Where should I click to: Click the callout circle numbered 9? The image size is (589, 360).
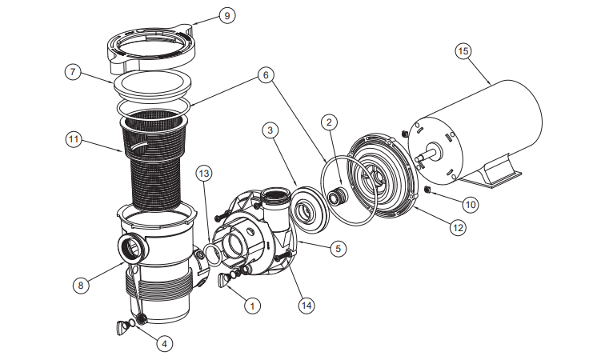pyautogui.click(x=227, y=16)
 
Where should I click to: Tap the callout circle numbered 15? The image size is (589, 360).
pyautogui.click(x=463, y=51)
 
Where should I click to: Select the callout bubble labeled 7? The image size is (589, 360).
pyautogui.click(x=73, y=72)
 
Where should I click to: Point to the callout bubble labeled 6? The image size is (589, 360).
pyautogui.click(x=266, y=75)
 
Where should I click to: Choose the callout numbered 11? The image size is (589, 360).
pyautogui.click(x=74, y=140)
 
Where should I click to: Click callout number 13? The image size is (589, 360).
pyautogui.click(x=204, y=174)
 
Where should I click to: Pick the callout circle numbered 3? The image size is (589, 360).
pyautogui.click(x=270, y=130)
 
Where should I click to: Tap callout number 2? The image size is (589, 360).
pyautogui.click(x=330, y=122)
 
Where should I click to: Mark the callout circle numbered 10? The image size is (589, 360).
pyautogui.click(x=471, y=205)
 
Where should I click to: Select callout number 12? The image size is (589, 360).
pyautogui.click(x=458, y=227)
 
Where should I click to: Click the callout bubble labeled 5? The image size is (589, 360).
pyautogui.click(x=338, y=249)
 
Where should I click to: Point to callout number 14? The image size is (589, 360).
pyautogui.click(x=307, y=306)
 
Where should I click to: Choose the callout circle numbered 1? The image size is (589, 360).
pyautogui.click(x=252, y=306)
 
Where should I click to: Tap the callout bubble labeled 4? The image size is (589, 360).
pyautogui.click(x=165, y=343)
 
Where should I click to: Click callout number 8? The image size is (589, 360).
pyautogui.click(x=81, y=286)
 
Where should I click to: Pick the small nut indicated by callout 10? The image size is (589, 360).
pyautogui.click(x=427, y=190)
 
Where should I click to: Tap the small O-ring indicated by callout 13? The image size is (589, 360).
pyautogui.click(x=213, y=254)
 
